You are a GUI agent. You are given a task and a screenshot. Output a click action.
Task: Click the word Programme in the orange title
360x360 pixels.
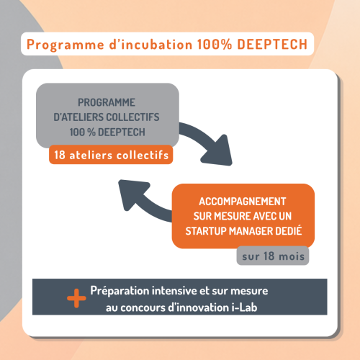point(66,45)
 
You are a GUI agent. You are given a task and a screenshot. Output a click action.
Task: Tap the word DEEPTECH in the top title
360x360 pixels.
point(272,44)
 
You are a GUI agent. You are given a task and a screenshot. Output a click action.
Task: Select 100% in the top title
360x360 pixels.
point(215,44)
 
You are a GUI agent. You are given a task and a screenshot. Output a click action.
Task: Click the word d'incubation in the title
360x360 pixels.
point(150,44)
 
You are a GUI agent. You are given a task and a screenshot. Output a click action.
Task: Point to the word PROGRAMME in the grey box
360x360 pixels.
point(107,102)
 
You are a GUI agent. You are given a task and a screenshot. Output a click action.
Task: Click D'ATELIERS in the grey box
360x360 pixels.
point(78,117)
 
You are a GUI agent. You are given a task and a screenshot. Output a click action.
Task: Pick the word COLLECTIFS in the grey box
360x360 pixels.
point(132,117)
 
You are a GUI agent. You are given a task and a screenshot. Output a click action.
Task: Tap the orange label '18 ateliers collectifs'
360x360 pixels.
point(111,155)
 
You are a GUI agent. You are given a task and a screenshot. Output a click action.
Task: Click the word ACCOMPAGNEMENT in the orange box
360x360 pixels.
point(243,202)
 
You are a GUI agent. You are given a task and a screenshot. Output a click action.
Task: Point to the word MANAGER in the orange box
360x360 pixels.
point(251,231)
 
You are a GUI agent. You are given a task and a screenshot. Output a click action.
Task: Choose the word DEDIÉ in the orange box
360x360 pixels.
point(289,230)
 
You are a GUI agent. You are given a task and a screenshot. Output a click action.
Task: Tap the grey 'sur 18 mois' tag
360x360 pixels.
point(273,256)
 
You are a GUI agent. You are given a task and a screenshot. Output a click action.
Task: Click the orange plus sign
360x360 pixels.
point(76,298)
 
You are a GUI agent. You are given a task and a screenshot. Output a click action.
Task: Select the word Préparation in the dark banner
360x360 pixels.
point(120,291)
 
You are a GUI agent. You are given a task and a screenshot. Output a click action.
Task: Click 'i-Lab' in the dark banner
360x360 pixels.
point(245,307)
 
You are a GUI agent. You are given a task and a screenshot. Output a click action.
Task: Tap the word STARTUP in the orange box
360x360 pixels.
point(206,231)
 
